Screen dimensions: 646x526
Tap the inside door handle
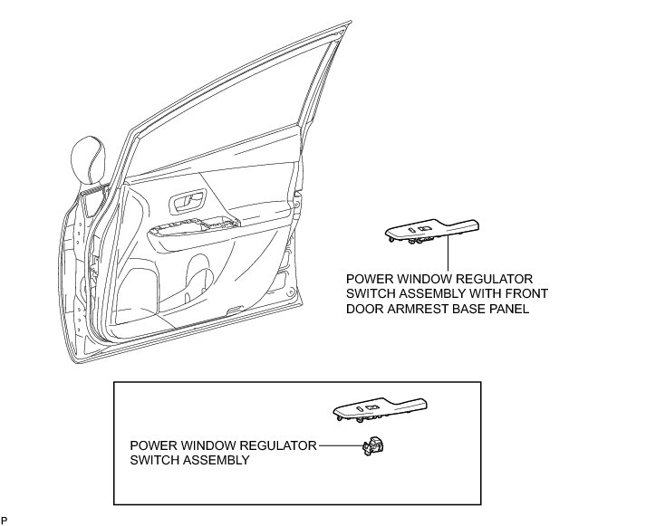point(187,200)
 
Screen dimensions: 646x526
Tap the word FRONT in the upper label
point(523,293)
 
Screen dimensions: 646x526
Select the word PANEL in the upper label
point(508,309)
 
